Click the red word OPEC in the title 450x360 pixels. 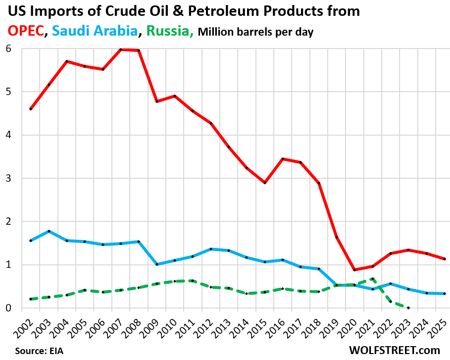click(25, 31)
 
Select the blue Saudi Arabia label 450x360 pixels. click(95, 31)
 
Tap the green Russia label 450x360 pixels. click(169, 31)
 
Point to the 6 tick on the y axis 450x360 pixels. click(9, 49)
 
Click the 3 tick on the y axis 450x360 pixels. click(9, 178)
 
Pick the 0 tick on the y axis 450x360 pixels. click(9, 308)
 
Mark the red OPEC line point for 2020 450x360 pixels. click(354, 270)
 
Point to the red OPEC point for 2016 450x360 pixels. click(283, 159)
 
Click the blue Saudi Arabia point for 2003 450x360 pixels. click(49, 231)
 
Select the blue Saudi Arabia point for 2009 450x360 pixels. click(157, 264)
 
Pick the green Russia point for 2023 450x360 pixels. click(408, 308)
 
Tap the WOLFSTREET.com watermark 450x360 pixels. click(395, 350)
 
